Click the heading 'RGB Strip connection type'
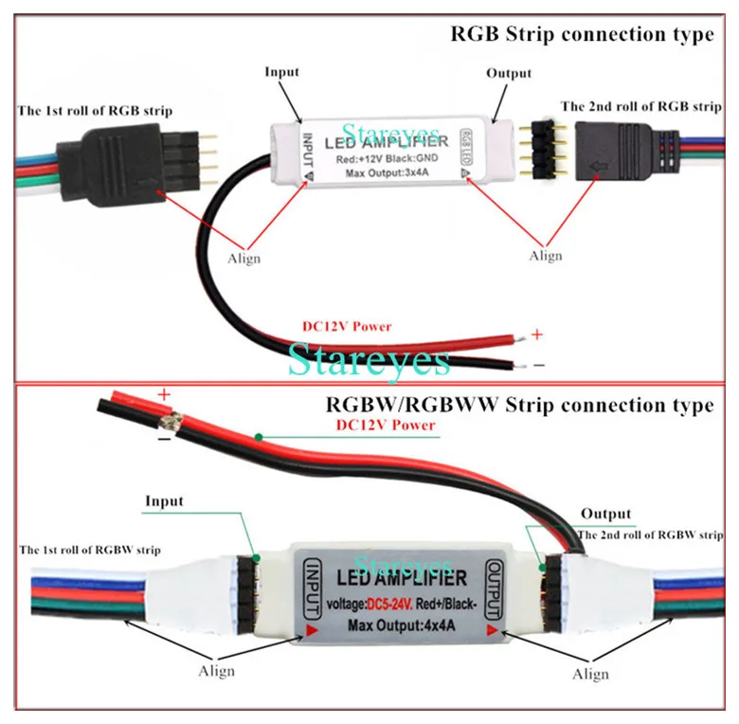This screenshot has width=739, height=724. click(581, 35)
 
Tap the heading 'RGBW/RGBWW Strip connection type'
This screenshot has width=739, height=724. click(519, 405)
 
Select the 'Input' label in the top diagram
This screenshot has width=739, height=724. click(281, 72)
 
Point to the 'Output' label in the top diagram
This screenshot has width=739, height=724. click(509, 73)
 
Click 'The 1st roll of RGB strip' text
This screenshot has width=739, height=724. click(95, 111)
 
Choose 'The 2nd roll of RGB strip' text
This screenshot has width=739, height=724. click(641, 107)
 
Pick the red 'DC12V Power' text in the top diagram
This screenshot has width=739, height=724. click(347, 326)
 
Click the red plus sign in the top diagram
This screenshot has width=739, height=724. click(537, 335)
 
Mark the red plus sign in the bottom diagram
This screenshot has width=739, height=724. click(163, 393)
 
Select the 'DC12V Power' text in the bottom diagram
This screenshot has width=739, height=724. click(386, 425)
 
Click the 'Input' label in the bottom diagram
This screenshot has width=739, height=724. click(164, 500)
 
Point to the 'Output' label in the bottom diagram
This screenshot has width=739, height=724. click(605, 514)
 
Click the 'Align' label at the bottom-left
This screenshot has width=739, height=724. click(216, 671)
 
